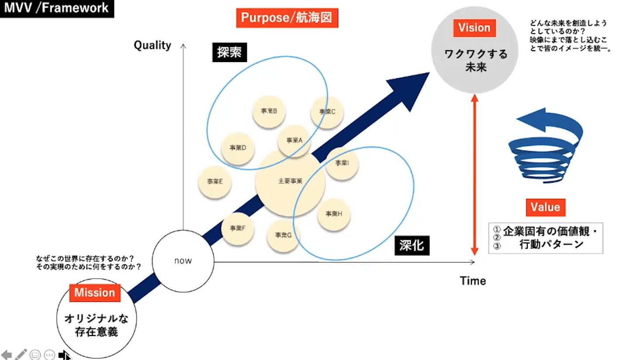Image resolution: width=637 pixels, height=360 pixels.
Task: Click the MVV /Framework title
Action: click(x=56, y=8)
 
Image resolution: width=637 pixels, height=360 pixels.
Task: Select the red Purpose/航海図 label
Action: click(x=287, y=18)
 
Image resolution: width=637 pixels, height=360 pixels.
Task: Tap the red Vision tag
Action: click(x=474, y=28)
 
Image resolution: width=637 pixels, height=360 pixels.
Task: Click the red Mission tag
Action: click(x=94, y=293)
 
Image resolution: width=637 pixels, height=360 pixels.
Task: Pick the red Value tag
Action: click(x=545, y=207)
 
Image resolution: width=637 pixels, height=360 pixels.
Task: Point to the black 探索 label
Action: click(x=229, y=52)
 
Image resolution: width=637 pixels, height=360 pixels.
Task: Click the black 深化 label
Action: click(x=412, y=246)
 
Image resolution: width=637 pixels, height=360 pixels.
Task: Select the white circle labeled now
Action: click(x=183, y=261)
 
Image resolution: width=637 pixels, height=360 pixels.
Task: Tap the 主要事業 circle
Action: click(x=290, y=181)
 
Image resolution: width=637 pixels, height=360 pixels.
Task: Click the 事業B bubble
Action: click(x=269, y=111)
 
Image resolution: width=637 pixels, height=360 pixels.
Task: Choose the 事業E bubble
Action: click(x=215, y=182)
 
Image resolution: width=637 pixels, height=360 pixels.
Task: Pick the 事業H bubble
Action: click(x=333, y=214)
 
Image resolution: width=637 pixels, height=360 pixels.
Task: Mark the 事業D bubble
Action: click(x=238, y=148)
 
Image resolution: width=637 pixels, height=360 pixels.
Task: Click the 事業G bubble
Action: click(x=283, y=235)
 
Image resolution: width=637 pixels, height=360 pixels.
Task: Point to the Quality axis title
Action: click(x=152, y=45)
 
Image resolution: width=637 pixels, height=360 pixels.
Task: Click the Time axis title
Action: click(x=473, y=281)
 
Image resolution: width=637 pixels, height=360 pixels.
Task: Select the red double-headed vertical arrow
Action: click(x=474, y=175)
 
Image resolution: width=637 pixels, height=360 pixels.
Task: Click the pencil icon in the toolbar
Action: click(x=21, y=354)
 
